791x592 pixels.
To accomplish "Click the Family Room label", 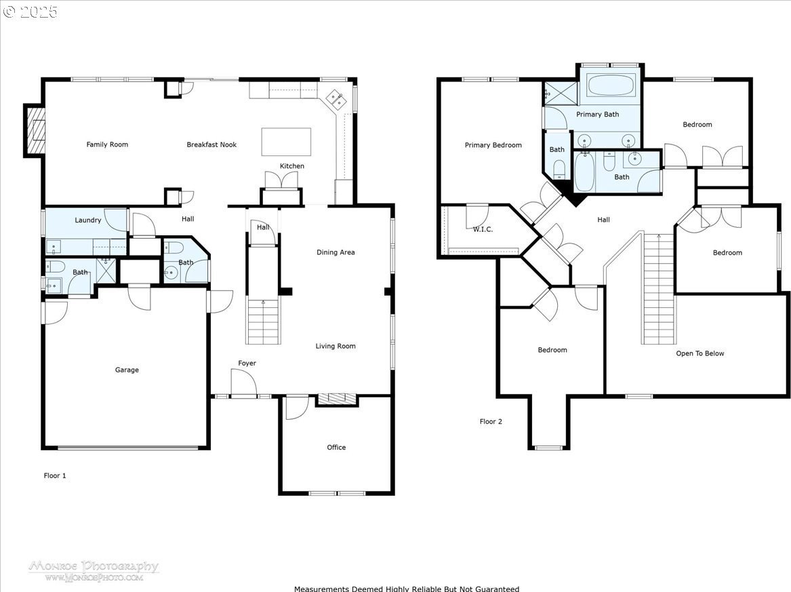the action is (x=107, y=144).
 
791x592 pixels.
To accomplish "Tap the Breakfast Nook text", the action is (x=211, y=144).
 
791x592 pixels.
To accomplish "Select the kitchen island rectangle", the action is (x=286, y=142).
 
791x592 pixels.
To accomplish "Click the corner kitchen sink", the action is (x=336, y=100).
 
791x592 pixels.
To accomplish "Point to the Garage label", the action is (x=127, y=370).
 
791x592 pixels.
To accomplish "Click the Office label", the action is (x=336, y=447).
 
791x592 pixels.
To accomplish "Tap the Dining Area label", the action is (x=336, y=252).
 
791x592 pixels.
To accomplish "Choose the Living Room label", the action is (x=336, y=347).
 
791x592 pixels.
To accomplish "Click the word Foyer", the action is (x=247, y=363).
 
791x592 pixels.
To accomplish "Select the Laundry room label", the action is (x=88, y=220).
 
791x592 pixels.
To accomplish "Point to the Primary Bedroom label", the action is (x=493, y=145).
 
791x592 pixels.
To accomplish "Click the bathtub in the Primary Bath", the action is (x=611, y=85).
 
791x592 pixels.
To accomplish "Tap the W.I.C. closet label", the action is (x=483, y=229).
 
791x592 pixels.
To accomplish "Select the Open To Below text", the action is (x=699, y=353).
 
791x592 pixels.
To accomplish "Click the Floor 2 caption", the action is (x=491, y=421).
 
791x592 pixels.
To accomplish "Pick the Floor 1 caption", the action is (x=54, y=475).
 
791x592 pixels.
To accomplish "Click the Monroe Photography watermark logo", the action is (x=94, y=570).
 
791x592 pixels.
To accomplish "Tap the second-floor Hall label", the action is (x=603, y=220).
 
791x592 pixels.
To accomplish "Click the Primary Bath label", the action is (x=597, y=115).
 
